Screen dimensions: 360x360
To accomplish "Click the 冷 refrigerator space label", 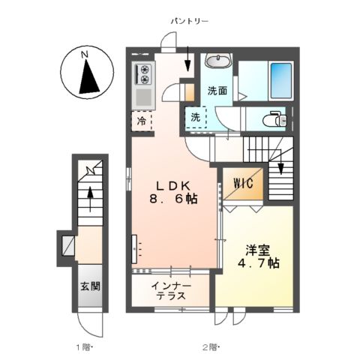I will pyautogui.click(x=142, y=119).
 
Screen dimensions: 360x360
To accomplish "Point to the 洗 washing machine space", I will pyautogui.click(x=195, y=117).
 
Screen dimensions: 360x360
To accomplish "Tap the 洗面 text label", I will pyautogui.click(x=217, y=91).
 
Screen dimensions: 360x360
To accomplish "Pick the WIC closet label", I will pyautogui.click(x=242, y=182).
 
